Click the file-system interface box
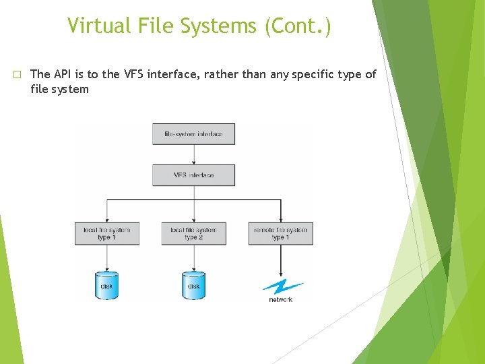click(x=193, y=134)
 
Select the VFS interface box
click(x=193, y=175)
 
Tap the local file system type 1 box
click(x=107, y=233)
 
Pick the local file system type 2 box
click(x=193, y=233)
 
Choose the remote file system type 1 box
click(x=280, y=233)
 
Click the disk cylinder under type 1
click(x=106, y=285)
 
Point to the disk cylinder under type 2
click(x=193, y=285)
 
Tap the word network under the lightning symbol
click(x=281, y=299)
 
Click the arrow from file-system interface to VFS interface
click(x=193, y=154)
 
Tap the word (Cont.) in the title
click(x=298, y=27)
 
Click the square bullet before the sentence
click(x=18, y=74)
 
